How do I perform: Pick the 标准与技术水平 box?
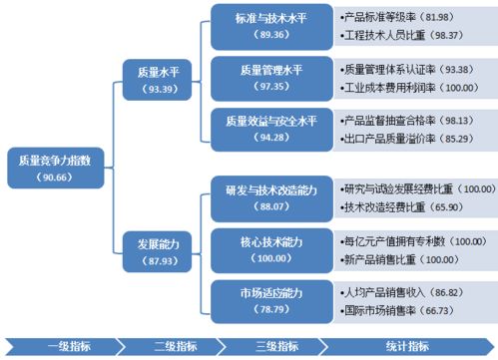(x=272, y=26)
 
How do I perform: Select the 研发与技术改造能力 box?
(x=272, y=197)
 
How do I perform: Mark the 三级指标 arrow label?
(x=276, y=346)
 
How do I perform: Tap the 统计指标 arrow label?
(x=408, y=346)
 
